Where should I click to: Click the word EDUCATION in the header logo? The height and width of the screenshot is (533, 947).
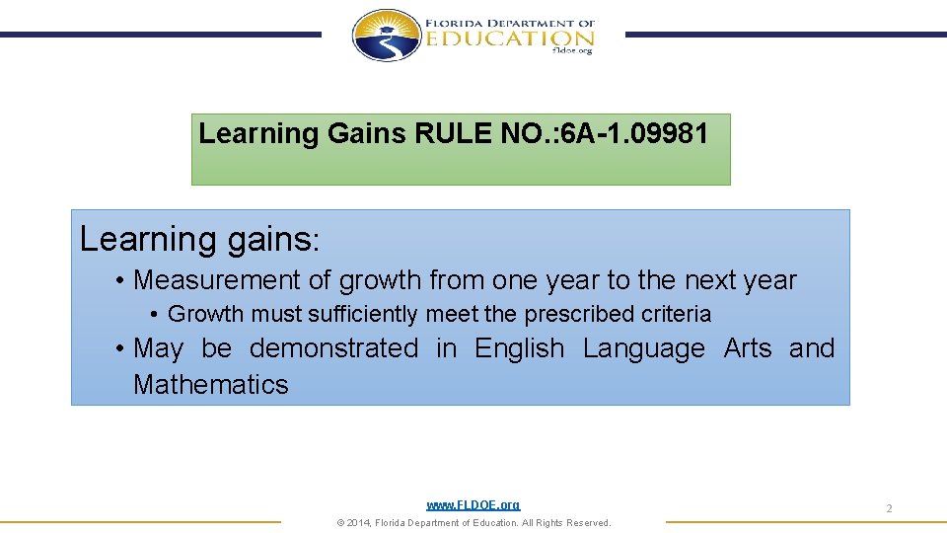pyautogui.click(x=510, y=38)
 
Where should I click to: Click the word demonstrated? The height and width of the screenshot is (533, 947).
pyautogui.click(x=333, y=348)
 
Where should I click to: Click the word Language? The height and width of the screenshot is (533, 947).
pyautogui.click(x=643, y=348)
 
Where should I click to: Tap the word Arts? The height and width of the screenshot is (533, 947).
pyautogui.click(x=748, y=348)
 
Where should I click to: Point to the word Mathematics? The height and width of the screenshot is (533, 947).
pyautogui.click(x=211, y=385)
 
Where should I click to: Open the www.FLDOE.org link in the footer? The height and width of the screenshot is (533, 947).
pyautogui.click(x=473, y=504)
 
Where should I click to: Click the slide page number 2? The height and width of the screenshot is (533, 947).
pyautogui.click(x=889, y=508)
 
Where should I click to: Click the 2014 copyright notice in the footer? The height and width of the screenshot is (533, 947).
pyautogui.click(x=473, y=523)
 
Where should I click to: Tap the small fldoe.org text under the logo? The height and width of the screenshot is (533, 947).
pyautogui.click(x=573, y=51)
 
